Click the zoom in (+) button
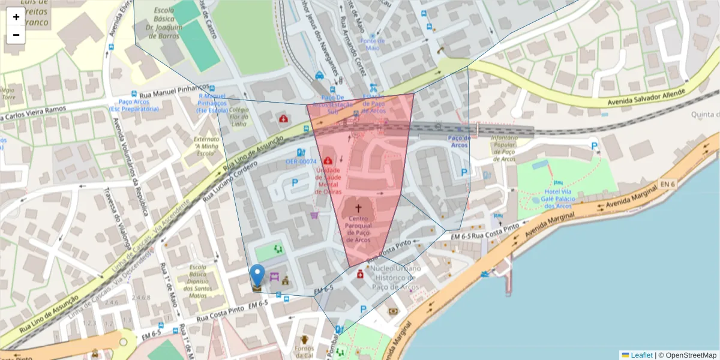pos(16,17)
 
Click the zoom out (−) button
pos(16,35)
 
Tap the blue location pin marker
pos(257,277)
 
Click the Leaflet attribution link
pos(641,355)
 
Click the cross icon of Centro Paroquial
pos(359,208)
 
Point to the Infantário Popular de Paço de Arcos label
pos(504,148)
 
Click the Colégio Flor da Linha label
pos(238,116)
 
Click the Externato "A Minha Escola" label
pos(206,146)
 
